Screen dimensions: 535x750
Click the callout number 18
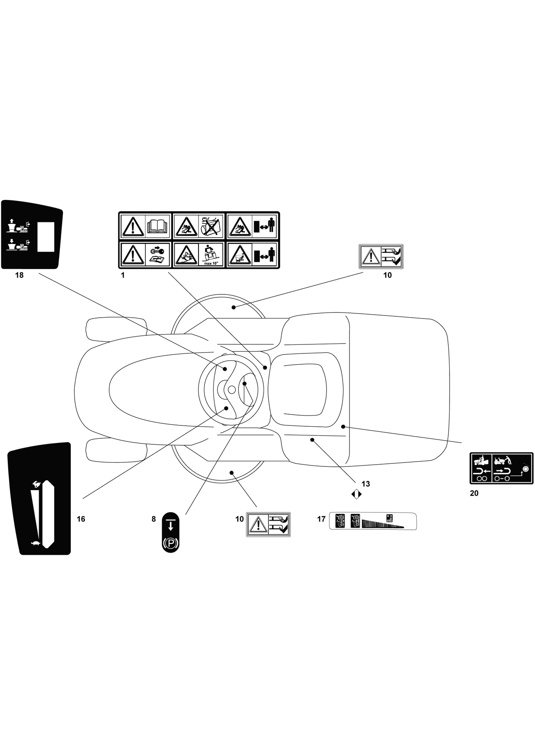coord(19,275)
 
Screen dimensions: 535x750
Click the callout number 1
coord(123,275)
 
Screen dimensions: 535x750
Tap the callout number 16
coord(81,519)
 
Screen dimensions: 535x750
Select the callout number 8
coord(154,519)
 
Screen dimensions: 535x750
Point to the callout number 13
coord(365,484)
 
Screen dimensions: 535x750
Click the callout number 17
coord(321,519)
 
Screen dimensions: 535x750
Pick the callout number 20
coord(474,493)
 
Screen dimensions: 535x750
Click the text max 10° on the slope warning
coord(211,263)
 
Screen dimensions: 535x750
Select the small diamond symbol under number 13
coord(356,494)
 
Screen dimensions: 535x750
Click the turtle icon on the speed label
coord(35,544)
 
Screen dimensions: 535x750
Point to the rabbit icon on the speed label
coord(36,484)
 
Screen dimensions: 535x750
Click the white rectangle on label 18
coord(45,237)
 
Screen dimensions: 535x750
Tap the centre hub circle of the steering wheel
coord(232,390)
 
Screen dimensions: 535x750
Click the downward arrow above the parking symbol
coord(171,525)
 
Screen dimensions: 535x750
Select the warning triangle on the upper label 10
coord(369,257)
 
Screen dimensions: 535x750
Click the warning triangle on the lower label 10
coord(257,525)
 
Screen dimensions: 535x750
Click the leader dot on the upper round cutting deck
coord(233,307)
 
